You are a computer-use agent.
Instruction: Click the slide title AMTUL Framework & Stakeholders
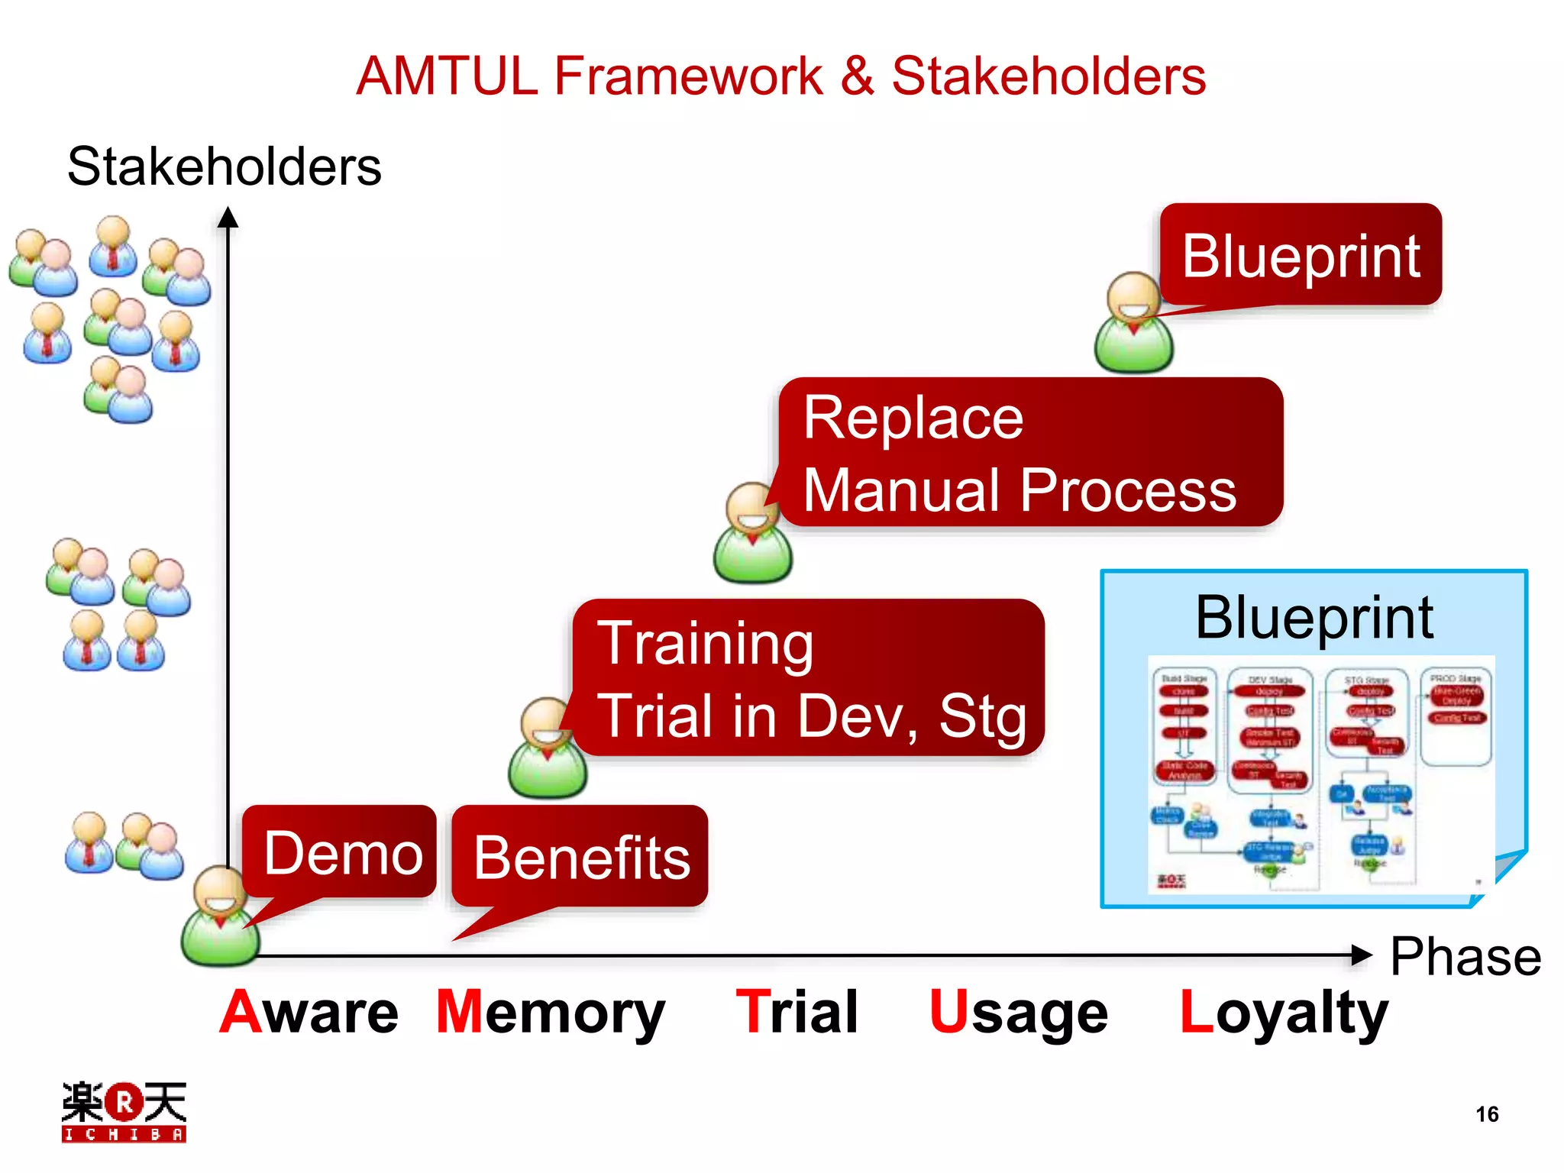click(780, 76)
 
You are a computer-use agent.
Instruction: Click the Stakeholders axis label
click(224, 166)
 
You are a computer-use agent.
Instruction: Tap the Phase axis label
click(1465, 956)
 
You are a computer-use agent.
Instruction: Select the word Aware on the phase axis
click(309, 1012)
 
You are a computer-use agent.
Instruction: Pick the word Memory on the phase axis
click(550, 1012)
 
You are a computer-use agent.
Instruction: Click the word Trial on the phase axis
click(797, 1012)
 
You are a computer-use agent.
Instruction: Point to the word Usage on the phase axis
click(1018, 1012)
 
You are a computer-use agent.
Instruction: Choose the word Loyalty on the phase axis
click(1283, 1012)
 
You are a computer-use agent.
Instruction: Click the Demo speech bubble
click(341, 852)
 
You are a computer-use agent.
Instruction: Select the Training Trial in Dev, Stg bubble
click(809, 678)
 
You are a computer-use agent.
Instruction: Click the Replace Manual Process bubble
click(1029, 452)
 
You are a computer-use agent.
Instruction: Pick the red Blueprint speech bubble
click(1300, 255)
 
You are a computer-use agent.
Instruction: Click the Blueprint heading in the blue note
click(1314, 617)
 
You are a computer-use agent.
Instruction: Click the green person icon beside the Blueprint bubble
click(1133, 324)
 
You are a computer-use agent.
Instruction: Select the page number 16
click(1486, 1114)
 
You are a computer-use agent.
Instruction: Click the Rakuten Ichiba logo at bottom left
click(124, 1112)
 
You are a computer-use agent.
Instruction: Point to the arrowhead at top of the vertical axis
click(228, 218)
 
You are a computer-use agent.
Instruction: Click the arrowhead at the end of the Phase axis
click(1361, 955)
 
